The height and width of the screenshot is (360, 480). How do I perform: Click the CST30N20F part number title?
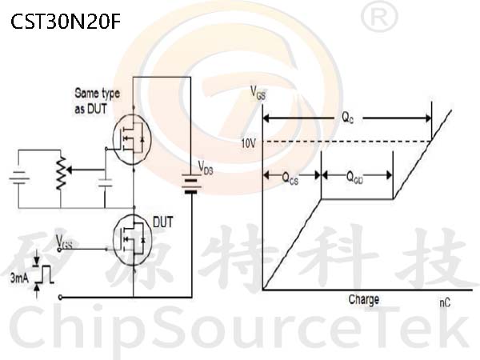click(x=66, y=22)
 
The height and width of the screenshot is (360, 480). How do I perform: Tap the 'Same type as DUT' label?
click(x=97, y=101)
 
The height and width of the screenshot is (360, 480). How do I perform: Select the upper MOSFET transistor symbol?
click(x=132, y=139)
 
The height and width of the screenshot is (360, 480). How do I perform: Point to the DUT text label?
click(x=163, y=222)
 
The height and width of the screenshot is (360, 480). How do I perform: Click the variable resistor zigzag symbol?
click(x=61, y=173)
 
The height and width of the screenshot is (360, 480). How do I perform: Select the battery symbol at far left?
click(x=19, y=178)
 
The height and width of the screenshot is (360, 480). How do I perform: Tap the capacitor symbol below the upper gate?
click(x=105, y=182)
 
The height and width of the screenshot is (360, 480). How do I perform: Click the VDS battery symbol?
click(x=191, y=184)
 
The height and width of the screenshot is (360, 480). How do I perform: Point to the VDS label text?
click(x=206, y=168)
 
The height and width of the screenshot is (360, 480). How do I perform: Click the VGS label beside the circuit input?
click(x=64, y=242)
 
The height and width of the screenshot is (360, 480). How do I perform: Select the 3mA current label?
click(x=19, y=278)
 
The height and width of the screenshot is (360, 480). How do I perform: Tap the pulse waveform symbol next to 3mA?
click(x=44, y=274)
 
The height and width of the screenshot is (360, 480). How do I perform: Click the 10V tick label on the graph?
click(x=248, y=143)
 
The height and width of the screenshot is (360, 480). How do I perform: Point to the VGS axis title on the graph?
click(x=258, y=93)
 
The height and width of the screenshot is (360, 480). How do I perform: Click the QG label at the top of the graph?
click(x=348, y=118)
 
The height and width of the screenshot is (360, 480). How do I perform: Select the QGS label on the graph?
click(x=290, y=178)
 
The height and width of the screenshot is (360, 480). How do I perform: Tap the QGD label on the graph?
click(x=354, y=178)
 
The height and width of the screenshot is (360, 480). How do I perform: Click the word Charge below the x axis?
click(x=364, y=300)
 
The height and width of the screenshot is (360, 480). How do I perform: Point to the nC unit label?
click(x=445, y=302)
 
